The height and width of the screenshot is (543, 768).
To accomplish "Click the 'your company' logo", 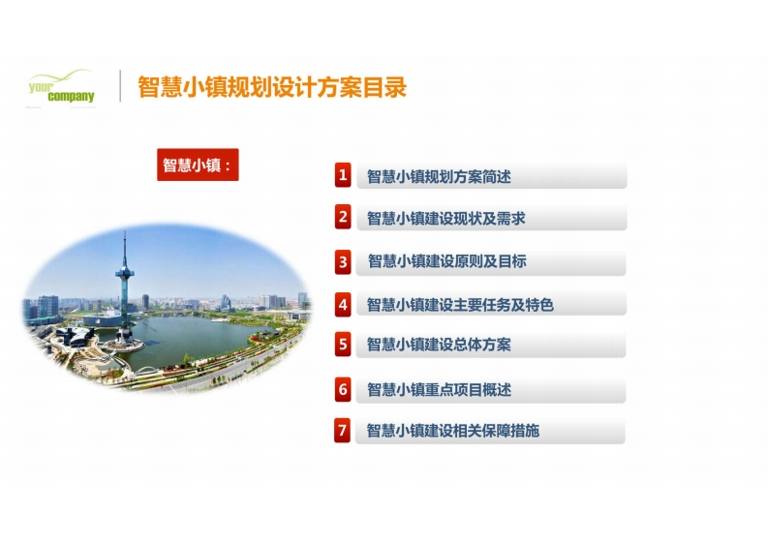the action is point(61,87).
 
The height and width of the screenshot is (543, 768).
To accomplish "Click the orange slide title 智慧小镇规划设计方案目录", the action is point(272,87).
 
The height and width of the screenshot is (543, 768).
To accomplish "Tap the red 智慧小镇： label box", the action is point(198,165).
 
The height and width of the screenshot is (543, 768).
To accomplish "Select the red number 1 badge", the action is point(343,175).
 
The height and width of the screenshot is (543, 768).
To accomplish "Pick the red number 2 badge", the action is point(343,217).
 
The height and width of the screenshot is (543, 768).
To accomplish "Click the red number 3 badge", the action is point(343,262).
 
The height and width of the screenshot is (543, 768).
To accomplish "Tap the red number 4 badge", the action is point(343,305).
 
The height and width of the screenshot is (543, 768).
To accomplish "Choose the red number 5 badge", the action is point(343,345).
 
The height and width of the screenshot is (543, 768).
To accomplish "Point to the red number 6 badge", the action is point(343,389).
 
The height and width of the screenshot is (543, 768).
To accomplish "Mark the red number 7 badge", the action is point(343,431).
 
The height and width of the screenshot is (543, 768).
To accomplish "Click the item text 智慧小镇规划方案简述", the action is point(439,176).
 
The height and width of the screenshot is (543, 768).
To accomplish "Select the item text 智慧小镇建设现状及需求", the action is point(446,219).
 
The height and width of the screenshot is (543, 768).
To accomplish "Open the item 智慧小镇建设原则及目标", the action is point(447,261).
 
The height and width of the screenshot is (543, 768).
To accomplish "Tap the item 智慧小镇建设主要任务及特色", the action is point(460,305).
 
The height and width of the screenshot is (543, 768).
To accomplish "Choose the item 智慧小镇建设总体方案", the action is point(439,345).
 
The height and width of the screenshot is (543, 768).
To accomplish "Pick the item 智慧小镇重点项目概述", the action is point(440,390).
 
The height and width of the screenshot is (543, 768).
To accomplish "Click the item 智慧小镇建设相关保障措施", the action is point(453,431).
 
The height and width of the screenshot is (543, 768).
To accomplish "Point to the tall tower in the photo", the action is point(125,288).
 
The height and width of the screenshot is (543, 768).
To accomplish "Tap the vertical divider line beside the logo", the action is point(120,86).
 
